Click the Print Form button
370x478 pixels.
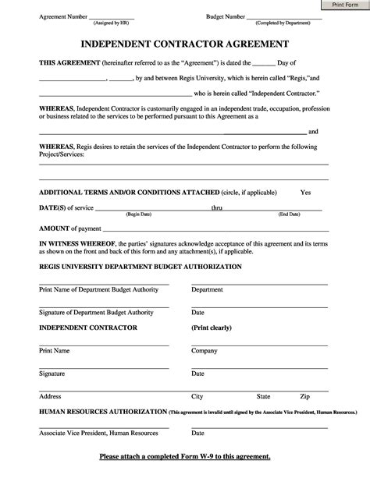pos(344,5)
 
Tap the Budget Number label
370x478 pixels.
pos(226,16)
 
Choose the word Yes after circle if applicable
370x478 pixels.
pos(305,192)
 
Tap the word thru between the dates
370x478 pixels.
pos(217,207)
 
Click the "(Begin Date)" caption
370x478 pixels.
pos(139,214)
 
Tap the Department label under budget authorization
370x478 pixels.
pos(207,289)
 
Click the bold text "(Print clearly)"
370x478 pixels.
pos(212,328)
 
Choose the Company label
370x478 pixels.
pos(205,351)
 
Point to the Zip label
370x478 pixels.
pos(305,396)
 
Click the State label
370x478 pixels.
pos(264,396)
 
